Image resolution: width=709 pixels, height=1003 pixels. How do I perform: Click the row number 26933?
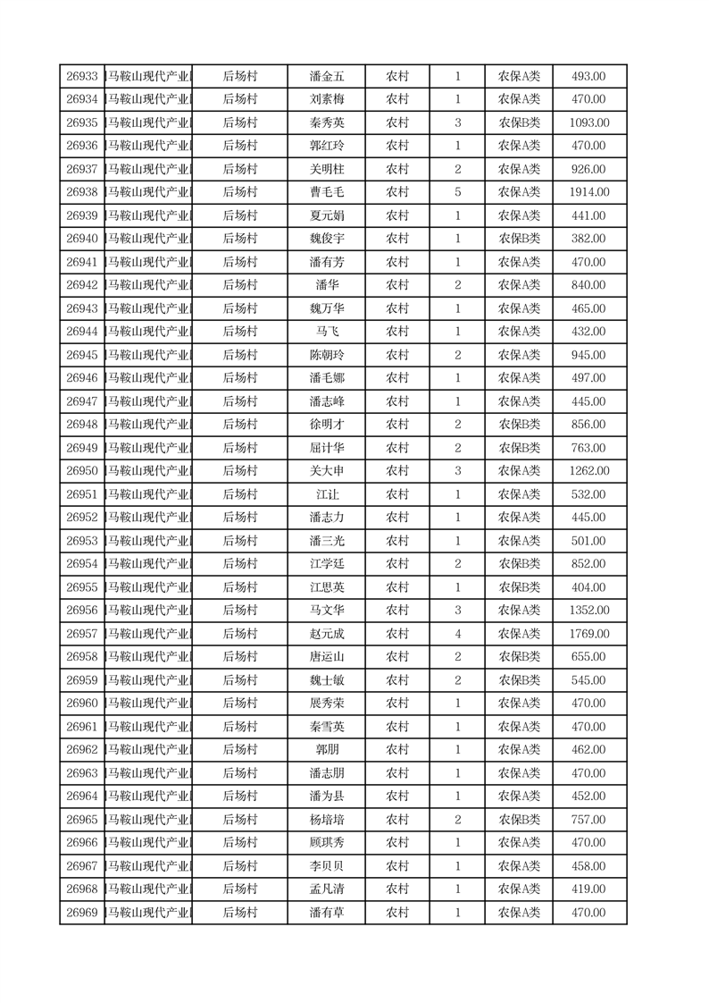tap(81, 77)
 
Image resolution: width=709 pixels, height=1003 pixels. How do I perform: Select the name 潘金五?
tap(326, 77)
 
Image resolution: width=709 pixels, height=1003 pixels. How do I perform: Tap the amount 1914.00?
tap(589, 192)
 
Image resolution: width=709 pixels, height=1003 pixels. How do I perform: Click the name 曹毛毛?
tap(326, 192)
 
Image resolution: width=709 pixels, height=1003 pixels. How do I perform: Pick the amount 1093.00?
tap(589, 122)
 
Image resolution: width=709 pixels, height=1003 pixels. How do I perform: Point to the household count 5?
tap(457, 192)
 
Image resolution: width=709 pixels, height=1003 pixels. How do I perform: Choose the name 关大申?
tap(326, 471)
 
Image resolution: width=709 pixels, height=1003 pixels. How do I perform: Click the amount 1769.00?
tap(589, 634)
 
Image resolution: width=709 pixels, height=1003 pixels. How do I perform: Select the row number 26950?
tap(81, 471)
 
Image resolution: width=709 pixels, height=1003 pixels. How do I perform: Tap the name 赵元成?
tap(326, 634)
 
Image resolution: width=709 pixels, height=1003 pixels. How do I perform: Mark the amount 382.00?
tap(589, 239)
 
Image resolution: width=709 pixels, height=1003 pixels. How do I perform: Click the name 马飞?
tap(326, 332)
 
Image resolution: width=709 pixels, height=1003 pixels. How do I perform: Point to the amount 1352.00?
tap(589, 611)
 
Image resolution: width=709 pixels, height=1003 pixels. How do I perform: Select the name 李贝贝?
tap(326, 866)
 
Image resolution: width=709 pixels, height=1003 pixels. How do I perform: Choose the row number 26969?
tap(81, 913)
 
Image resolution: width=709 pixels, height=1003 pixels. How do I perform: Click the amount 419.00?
tap(589, 889)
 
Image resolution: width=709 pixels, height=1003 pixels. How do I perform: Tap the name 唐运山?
tap(326, 657)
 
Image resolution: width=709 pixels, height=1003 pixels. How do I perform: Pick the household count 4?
tap(457, 634)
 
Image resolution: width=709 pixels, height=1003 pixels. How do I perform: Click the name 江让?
tap(326, 494)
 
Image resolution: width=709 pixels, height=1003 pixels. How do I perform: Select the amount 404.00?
tap(589, 587)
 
